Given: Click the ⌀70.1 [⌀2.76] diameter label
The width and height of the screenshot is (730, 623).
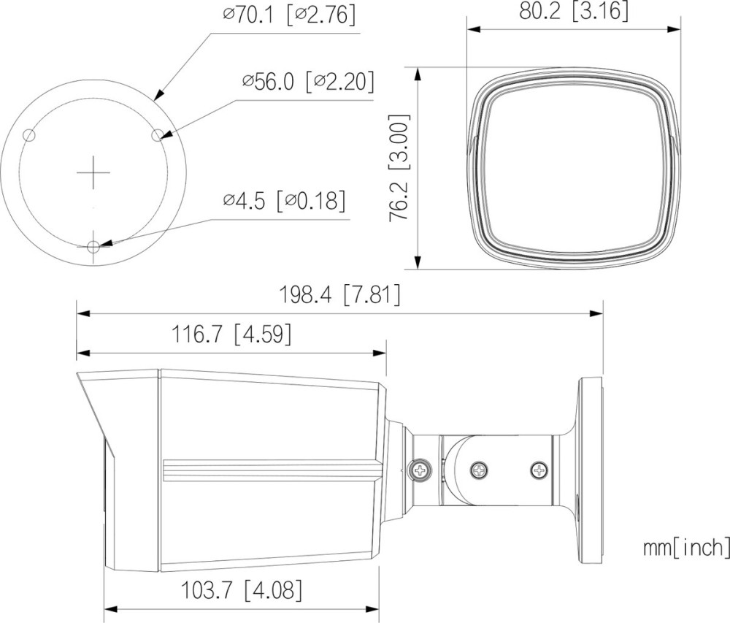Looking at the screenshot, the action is tap(288, 15).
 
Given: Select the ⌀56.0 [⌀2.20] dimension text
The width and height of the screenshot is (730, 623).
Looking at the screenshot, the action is tap(308, 82).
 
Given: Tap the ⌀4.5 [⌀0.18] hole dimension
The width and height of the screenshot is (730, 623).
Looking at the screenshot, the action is tap(284, 201).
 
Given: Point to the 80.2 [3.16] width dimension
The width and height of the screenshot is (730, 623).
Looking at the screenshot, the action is tap(574, 11).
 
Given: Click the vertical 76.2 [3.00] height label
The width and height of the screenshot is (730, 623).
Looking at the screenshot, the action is tap(399, 168).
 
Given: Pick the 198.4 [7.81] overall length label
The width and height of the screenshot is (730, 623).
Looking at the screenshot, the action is tap(339, 295).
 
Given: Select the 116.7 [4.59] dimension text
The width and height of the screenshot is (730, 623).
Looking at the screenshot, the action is tap(232, 335).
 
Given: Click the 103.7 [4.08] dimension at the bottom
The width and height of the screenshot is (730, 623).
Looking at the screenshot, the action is tap(241, 590).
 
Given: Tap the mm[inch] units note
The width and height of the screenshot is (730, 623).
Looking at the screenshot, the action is tap(686, 548).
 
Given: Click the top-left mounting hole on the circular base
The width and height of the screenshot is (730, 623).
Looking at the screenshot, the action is tap(29, 136).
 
